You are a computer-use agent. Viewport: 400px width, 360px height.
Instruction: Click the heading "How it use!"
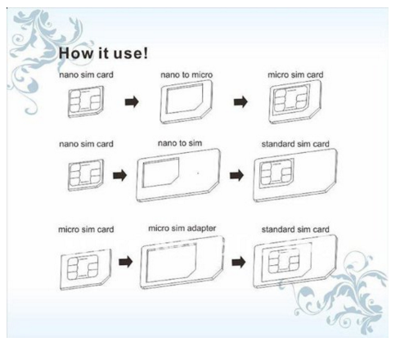(x=103, y=53)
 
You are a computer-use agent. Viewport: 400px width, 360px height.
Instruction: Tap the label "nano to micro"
(x=187, y=74)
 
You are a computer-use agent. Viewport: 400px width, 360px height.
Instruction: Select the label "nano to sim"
(x=180, y=143)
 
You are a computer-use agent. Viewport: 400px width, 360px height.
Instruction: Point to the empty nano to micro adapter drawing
(x=186, y=102)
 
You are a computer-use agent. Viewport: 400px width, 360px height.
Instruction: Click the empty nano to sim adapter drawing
(x=178, y=175)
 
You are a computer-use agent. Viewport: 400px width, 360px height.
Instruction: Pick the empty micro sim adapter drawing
(x=182, y=263)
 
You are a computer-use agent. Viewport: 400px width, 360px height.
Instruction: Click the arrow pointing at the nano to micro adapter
(x=132, y=102)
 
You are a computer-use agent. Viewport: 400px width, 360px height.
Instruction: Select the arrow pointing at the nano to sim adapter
(x=120, y=175)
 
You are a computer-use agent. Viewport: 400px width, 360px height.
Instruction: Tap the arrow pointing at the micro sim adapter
(x=126, y=262)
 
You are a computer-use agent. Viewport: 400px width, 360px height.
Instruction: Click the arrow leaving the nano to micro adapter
(x=240, y=102)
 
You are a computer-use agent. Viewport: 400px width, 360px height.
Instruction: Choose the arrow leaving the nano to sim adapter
(x=236, y=175)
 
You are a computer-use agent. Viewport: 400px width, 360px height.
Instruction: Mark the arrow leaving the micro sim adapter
(x=239, y=263)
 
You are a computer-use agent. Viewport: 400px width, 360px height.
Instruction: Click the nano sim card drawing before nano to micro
(x=86, y=102)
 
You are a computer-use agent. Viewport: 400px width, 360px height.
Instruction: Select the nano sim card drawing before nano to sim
(x=86, y=175)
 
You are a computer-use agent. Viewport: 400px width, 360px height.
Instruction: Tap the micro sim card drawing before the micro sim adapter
(x=86, y=269)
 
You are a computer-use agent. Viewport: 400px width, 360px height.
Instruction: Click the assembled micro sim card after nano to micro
(x=295, y=102)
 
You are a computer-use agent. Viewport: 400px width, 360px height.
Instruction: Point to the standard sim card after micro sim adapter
(x=295, y=262)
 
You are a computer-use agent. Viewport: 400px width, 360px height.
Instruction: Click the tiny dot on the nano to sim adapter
(x=198, y=173)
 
